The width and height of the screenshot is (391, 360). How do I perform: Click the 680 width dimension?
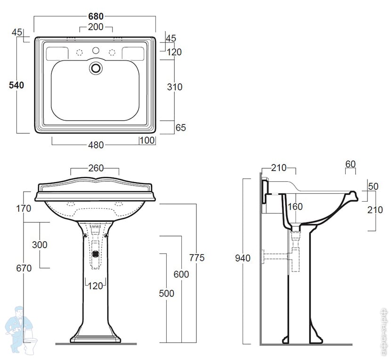coord(96,16)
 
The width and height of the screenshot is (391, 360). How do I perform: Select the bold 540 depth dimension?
coord(16,85)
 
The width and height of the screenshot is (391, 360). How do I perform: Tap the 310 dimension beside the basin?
coord(175,87)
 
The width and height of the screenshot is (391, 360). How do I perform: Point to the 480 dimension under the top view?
coord(96,145)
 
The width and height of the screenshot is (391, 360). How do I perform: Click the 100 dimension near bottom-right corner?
coord(147,140)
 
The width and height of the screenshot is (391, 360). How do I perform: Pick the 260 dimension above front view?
coord(96,168)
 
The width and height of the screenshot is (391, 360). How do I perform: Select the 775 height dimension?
coord(197,258)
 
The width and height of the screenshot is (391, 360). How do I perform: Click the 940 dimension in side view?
coord(243,258)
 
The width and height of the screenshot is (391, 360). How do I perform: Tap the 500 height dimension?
coord(167,294)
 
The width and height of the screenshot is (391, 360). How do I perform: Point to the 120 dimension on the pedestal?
coord(96,286)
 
